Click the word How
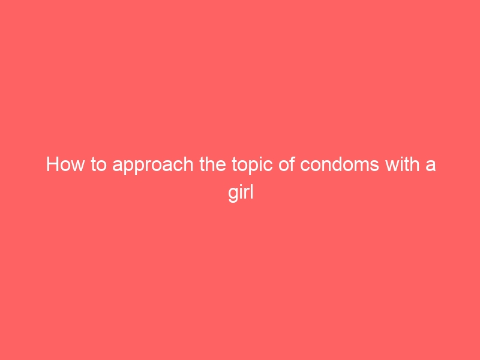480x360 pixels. (65, 164)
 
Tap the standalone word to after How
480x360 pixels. (98, 164)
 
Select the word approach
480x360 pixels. (153, 166)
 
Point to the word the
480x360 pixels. (214, 164)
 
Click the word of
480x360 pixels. (286, 164)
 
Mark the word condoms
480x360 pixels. (340, 164)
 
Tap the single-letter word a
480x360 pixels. (430, 166)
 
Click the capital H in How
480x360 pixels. (52, 164)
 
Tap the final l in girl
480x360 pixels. (252, 192)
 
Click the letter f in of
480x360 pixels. (292, 164)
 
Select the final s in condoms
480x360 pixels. (374, 166)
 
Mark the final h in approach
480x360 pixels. (188, 164)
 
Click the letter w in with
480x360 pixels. (392, 166)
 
